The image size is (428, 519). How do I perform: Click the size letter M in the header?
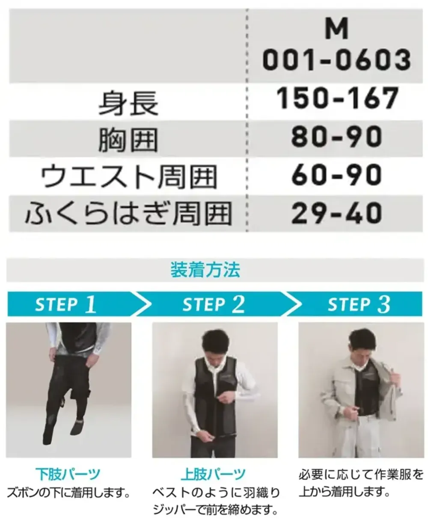[336, 29]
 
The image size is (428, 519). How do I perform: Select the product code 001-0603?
[336, 60]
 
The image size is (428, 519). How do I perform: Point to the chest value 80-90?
[336, 136]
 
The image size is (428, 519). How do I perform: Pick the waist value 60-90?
[336, 175]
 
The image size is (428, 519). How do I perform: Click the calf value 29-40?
[336, 213]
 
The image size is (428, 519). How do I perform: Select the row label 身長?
[128, 103]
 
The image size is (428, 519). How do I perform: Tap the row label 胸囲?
[128, 141]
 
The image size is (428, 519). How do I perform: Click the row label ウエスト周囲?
[129, 177]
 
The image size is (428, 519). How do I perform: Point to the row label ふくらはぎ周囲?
[129, 214]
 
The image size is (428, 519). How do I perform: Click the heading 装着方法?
[205, 270]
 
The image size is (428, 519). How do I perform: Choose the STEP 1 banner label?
[65, 304]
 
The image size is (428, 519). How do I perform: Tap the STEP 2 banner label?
[214, 304]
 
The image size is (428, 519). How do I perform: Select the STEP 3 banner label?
[359, 304]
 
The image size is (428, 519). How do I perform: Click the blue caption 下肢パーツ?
[68, 474]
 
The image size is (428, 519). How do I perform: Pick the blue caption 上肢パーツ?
[214, 474]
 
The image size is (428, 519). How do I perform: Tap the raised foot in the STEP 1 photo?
[77, 426]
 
